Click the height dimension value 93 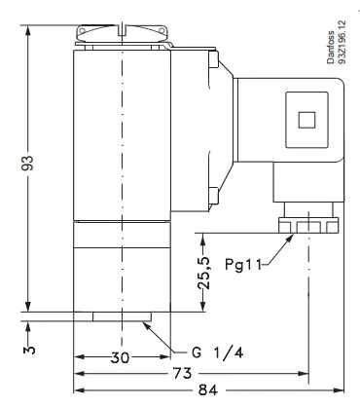click(x=27, y=163)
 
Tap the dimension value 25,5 click(x=204, y=273)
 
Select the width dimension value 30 click(x=120, y=357)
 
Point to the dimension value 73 click(x=182, y=373)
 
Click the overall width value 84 click(x=208, y=389)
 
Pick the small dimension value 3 click(x=29, y=350)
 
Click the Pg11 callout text click(x=243, y=265)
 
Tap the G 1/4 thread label click(x=217, y=352)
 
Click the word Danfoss click(x=331, y=47)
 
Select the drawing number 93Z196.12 click(x=342, y=42)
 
